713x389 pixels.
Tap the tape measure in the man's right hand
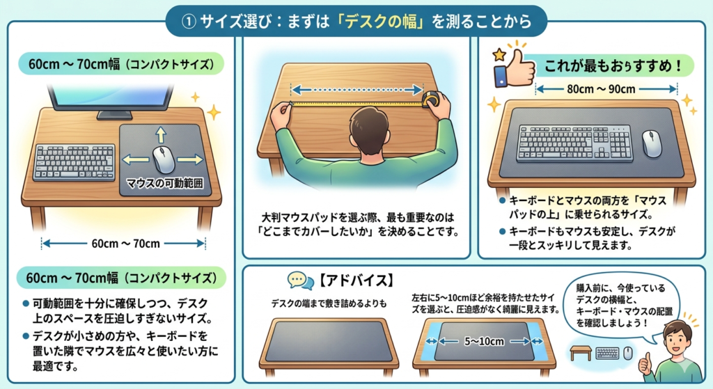tap(432, 99)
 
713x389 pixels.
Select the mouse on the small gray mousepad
tap(164, 159)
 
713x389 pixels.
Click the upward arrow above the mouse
tap(161, 134)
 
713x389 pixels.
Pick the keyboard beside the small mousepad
tap(75, 162)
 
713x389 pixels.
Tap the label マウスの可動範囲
tap(164, 183)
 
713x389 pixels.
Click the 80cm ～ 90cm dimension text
tap(601, 89)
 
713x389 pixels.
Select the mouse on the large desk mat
tap(651, 143)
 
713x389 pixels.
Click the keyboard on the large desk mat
tap(574, 143)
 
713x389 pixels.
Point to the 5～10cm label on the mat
tap(484, 341)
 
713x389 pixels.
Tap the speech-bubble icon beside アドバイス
tap(300, 281)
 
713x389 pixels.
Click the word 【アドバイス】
tap(354, 280)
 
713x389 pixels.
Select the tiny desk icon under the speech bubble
tap(581, 353)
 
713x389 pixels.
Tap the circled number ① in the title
tap(188, 22)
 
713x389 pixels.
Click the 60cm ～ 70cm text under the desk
tap(125, 244)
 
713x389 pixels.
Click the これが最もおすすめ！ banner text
tap(613, 66)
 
